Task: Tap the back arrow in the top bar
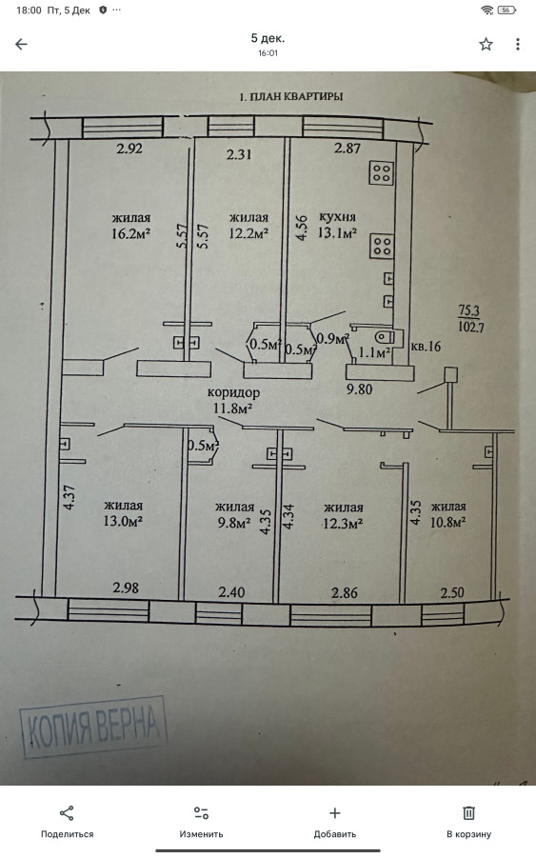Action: click(21, 44)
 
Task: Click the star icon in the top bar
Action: click(486, 44)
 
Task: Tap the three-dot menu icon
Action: click(517, 44)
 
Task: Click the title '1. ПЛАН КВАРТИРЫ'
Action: click(291, 97)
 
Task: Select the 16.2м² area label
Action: click(130, 234)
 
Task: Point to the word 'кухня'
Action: click(337, 217)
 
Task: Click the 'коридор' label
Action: click(234, 392)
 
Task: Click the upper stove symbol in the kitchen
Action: click(382, 173)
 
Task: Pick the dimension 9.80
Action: click(360, 389)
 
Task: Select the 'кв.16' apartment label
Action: click(426, 347)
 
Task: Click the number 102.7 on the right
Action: click(471, 328)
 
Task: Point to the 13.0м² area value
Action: click(123, 522)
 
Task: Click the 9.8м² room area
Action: click(234, 523)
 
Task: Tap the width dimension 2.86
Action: click(345, 593)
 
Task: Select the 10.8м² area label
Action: click(447, 522)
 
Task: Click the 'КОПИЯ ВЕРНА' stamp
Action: click(93, 727)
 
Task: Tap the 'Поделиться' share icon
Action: click(67, 813)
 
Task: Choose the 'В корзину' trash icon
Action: click(468, 813)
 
